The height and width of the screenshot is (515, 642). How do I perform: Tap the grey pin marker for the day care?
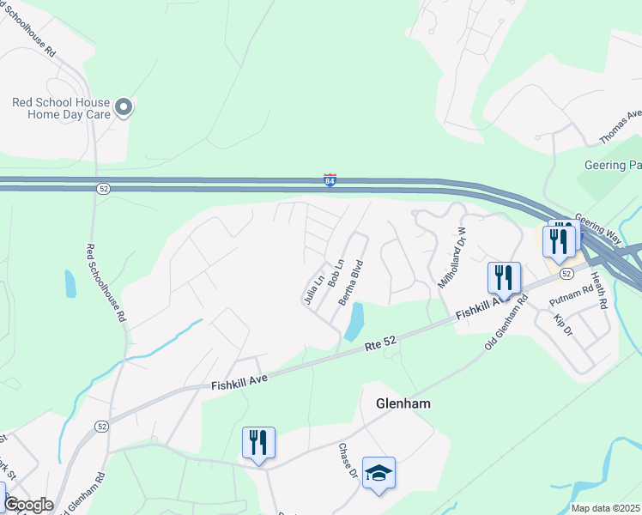[124, 107]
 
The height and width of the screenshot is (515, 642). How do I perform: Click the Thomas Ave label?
[620, 127]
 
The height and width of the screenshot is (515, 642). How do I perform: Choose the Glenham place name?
[403, 403]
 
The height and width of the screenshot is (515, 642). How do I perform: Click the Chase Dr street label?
[347, 462]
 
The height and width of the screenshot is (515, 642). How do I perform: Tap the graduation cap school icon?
[379, 473]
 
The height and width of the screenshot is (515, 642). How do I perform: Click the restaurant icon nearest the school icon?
[258, 443]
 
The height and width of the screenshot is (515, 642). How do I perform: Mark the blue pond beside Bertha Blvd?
[354, 321]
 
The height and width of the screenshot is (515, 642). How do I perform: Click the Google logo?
[28, 505]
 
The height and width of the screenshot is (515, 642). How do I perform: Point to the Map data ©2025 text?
[606, 508]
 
